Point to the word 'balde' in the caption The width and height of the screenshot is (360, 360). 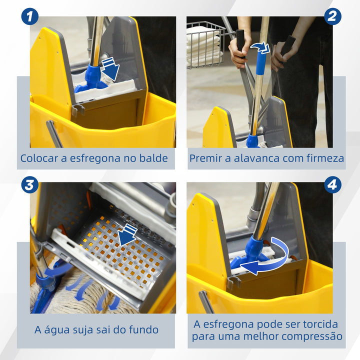(x=154, y=158)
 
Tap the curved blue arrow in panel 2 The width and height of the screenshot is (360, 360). (x=260, y=48)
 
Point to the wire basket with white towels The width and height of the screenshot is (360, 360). (x=204, y=45)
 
